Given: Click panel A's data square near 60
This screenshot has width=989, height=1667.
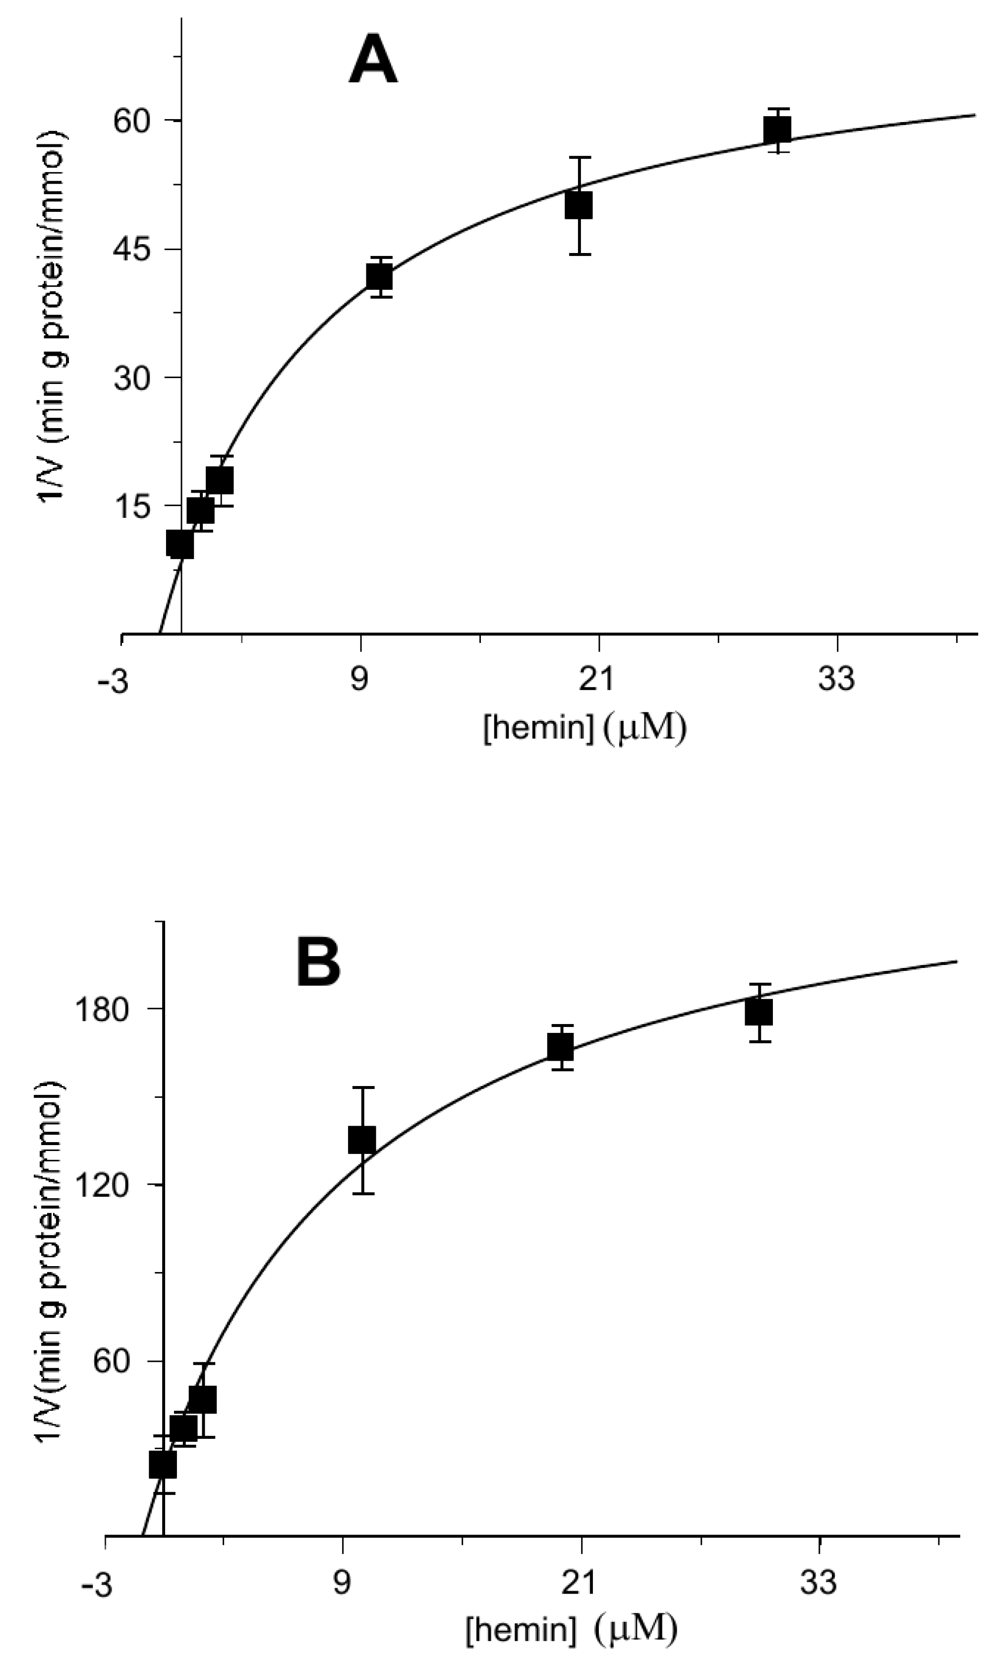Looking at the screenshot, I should point(777,130).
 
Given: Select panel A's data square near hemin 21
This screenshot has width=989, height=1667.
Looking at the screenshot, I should point(579,205).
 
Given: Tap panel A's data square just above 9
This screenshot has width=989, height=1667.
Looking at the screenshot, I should point(379,277).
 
